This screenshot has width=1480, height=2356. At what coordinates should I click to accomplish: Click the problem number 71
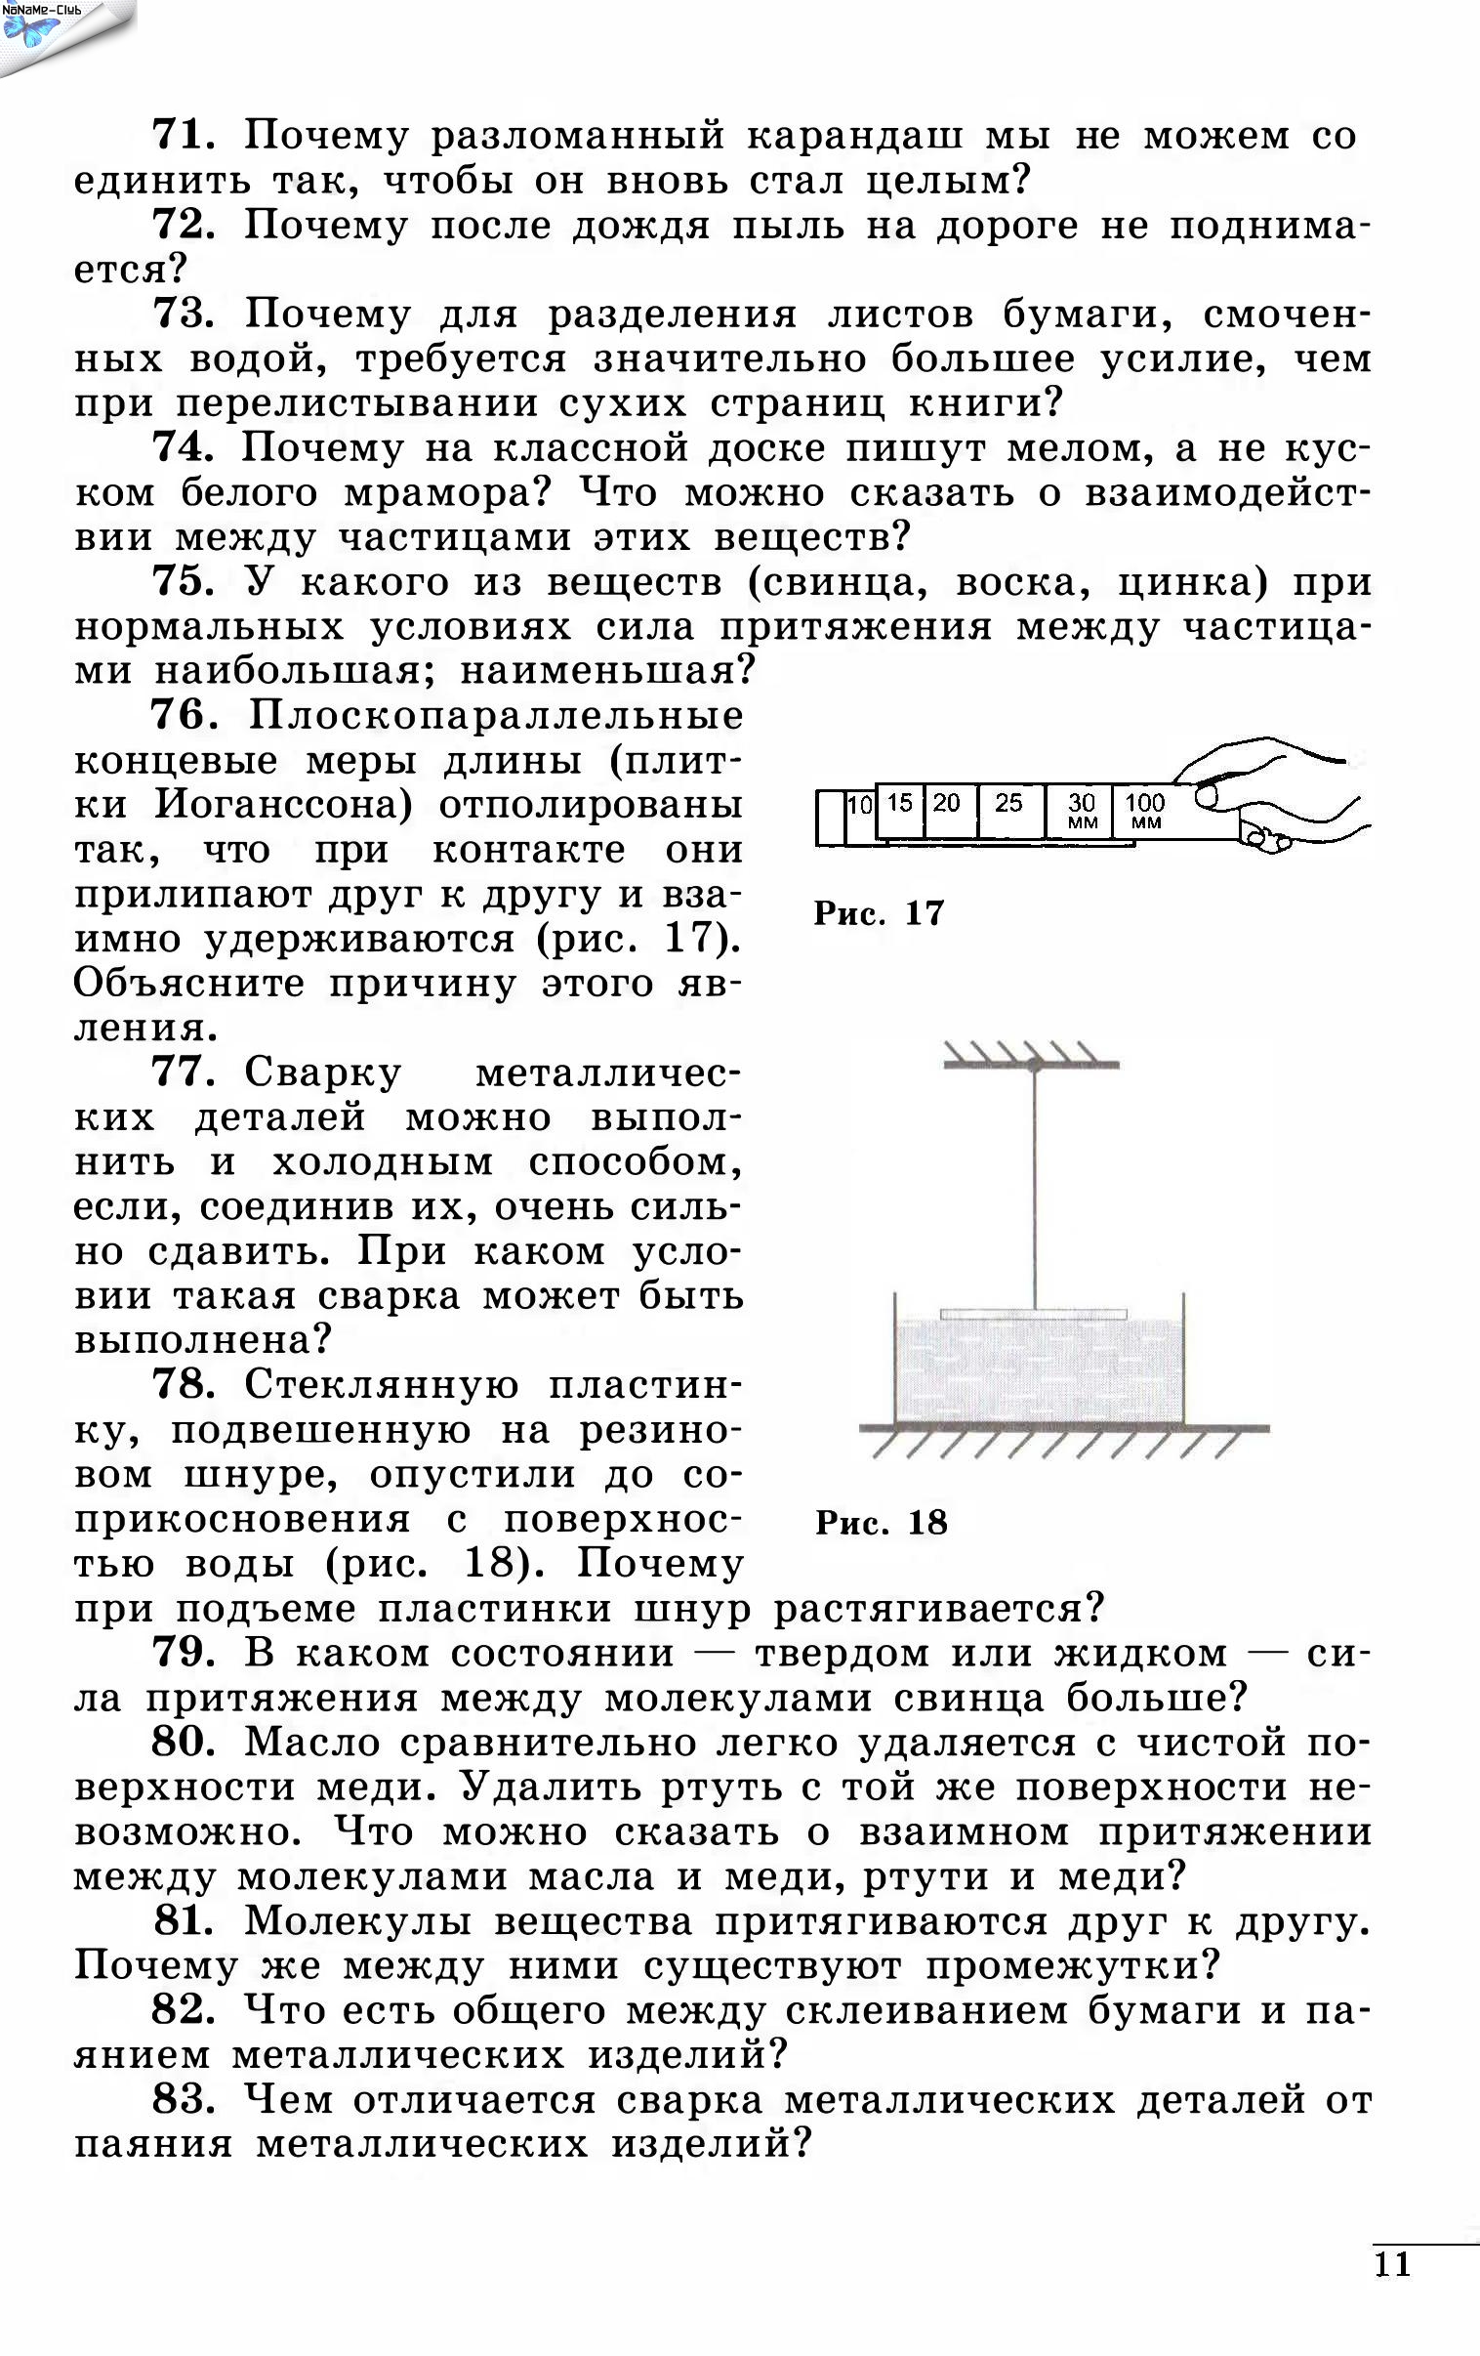183,134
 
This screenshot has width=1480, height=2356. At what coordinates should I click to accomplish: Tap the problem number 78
183,1384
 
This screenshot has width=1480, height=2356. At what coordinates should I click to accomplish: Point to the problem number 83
183,2100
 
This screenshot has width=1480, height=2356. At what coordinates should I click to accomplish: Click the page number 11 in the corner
1393,2265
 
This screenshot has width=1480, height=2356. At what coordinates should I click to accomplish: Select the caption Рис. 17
879,914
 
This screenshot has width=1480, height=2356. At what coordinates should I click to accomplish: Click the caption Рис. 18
881,1523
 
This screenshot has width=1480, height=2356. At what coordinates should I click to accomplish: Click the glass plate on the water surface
1033,1314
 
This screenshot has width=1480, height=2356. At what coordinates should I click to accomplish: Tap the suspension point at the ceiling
1033,1064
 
